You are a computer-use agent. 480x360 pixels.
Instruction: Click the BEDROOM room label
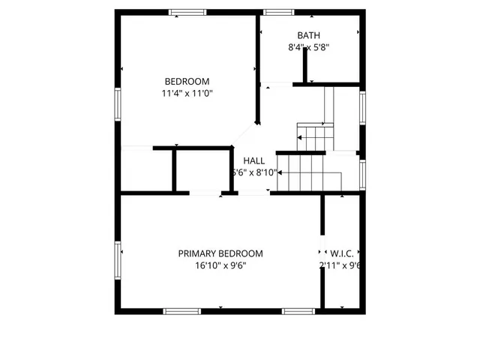[187, 82]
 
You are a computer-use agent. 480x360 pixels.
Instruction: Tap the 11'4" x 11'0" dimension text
[187, 94]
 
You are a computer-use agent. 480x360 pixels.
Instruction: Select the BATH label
[308, 35]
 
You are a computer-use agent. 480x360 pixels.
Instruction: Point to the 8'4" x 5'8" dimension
[309, 47]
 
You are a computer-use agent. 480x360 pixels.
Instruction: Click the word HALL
[253, 160]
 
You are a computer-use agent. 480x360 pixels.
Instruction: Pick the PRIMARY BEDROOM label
[220, 253]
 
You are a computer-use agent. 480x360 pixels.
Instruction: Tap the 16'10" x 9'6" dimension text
[220, 265]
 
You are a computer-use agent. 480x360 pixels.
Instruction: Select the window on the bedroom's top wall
[187, 12]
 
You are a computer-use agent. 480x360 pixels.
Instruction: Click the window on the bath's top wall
[278, 12]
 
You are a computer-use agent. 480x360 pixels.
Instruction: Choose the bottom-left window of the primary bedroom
[182, 310]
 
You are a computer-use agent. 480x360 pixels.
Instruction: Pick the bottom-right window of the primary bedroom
[298, 310]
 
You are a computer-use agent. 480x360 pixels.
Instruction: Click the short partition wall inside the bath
[305, 67]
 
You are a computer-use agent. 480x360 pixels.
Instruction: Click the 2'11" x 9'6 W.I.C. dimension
[341, 265]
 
